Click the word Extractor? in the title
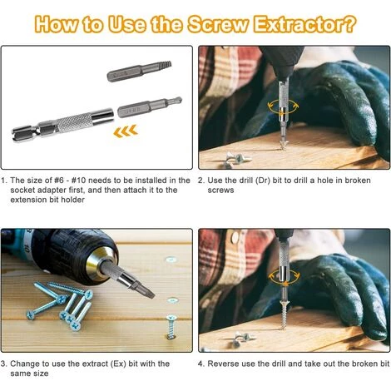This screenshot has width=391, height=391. click(304, 24)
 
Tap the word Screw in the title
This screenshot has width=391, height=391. click(217, 24)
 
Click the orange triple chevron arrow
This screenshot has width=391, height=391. click(126, 131)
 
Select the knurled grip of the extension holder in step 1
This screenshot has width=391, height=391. click(74, 123)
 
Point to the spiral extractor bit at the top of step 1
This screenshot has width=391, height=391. click(140, 72)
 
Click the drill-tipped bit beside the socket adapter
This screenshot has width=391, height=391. click(150, 107)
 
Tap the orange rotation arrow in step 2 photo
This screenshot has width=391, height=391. click(283, 106)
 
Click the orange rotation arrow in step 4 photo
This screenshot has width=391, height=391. click(285, 276)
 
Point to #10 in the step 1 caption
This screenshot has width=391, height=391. click(78, 181)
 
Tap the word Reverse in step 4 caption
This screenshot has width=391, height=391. click(223, 364)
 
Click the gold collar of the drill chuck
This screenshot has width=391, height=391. click(97, 265)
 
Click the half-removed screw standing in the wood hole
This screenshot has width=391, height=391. click(171, 326)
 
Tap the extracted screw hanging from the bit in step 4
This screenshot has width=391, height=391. click(283, 314)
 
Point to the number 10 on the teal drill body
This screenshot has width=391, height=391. click(26, 245)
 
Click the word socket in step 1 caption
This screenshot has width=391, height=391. click(22, 191)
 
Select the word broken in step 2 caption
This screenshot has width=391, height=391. click(358, 181)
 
